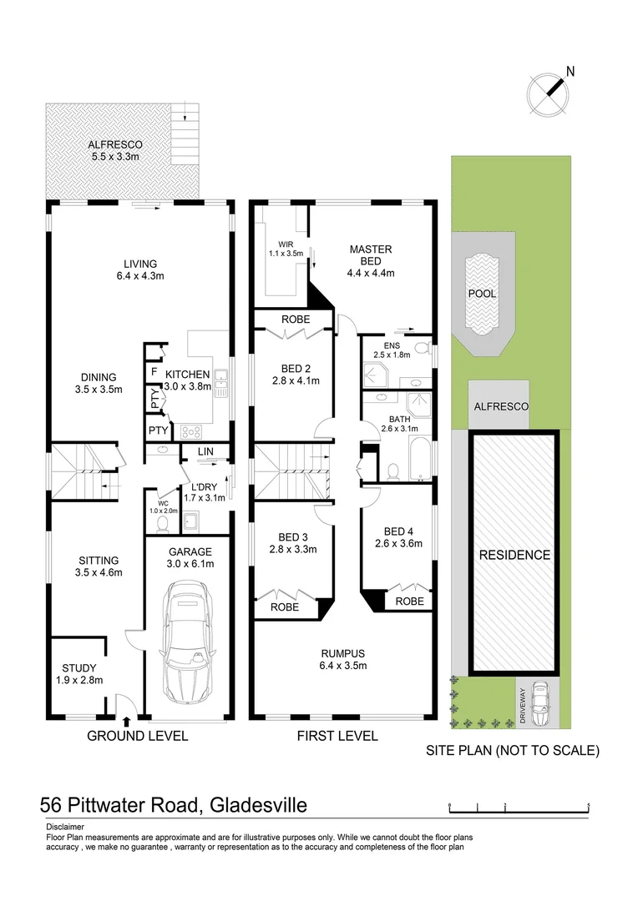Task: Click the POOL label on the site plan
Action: coord(482,294)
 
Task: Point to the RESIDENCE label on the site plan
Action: coord(514,555)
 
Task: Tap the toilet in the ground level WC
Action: coord(163,522)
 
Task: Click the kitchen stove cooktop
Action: coord(191,431)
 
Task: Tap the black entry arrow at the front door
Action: coord(126,722)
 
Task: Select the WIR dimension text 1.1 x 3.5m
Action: coord(284,254)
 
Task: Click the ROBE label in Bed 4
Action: coord(408,601)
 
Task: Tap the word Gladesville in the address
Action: coord(257,805)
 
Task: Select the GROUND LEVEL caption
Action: coord(138,736)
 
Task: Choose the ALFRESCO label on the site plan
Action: coord(499,406)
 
